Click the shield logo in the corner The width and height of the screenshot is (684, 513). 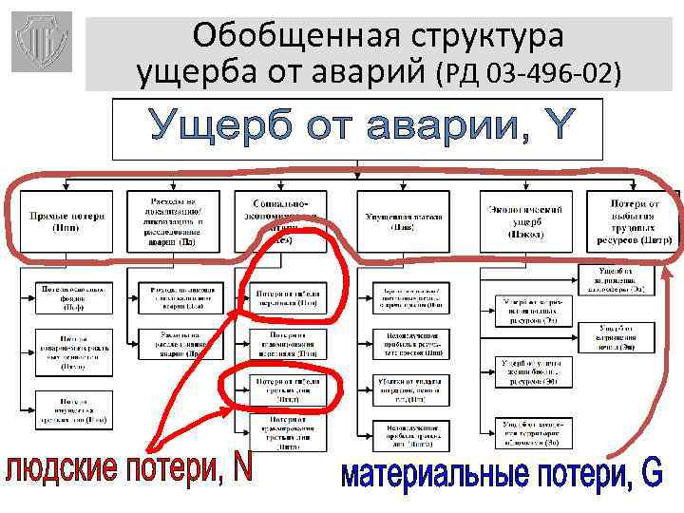coord(41,42)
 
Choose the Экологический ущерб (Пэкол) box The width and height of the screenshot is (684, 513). coord(524,221)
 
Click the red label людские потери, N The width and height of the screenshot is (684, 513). coord(128,471)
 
